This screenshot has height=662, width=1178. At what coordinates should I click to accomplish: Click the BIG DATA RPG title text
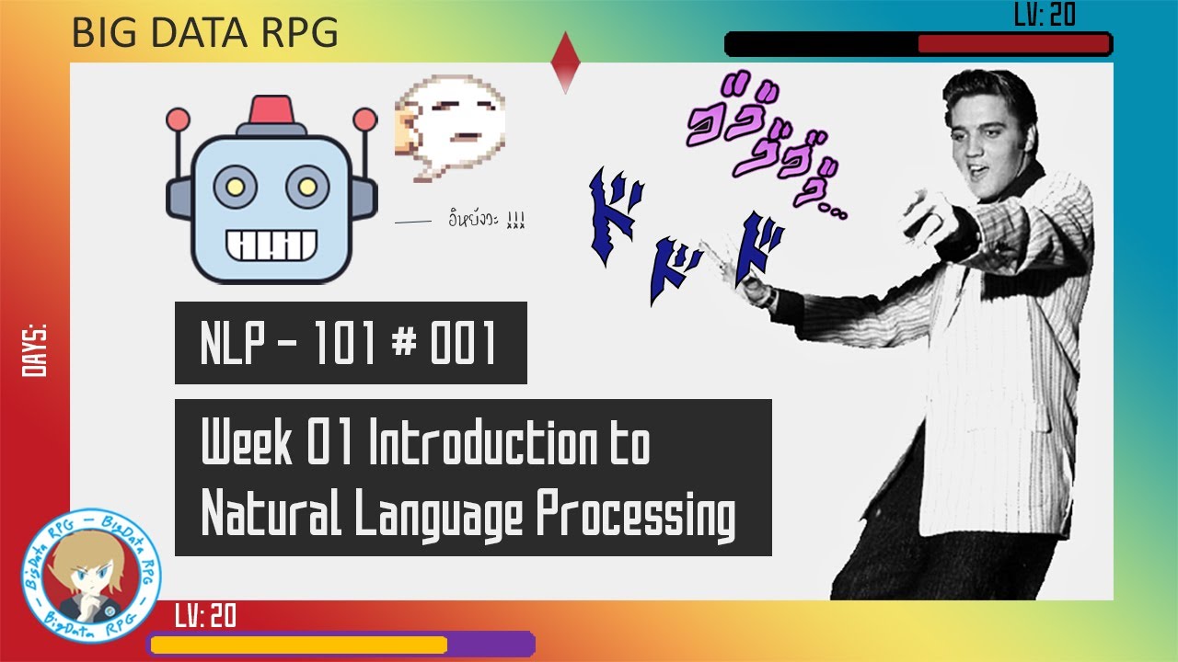pos(204,33)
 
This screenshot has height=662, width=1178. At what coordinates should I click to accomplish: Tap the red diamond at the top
pos(564,62)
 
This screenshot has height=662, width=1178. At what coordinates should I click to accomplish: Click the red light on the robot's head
pos(271,108)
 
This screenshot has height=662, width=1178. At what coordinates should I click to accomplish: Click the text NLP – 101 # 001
pos(350,343)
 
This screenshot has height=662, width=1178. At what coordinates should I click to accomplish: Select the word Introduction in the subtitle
pos(481,445)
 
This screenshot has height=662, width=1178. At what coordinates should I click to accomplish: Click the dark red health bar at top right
pos(1013,44)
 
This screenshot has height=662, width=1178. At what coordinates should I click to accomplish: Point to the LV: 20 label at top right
pos(1045,15)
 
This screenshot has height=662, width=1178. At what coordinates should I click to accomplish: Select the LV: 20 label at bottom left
pos(205,616)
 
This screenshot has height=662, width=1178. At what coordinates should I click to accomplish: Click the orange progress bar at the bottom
pos(298,645)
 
